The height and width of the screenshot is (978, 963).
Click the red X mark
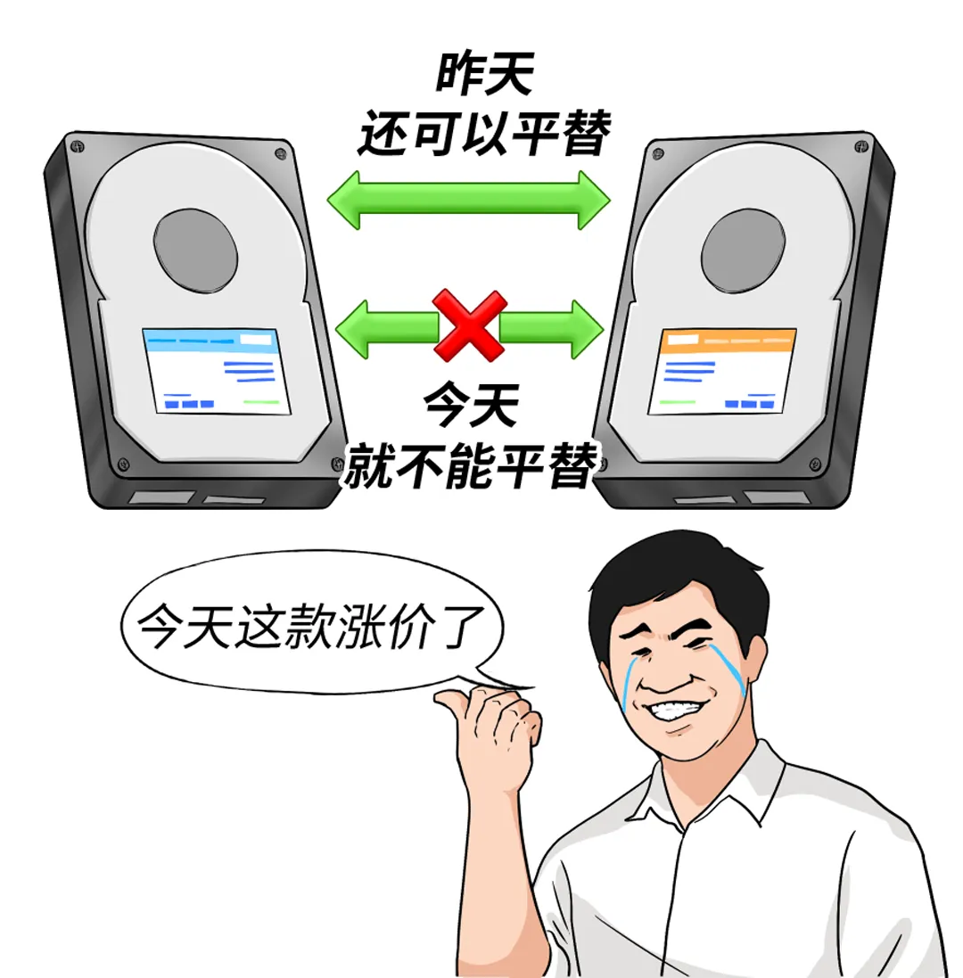[469, 325]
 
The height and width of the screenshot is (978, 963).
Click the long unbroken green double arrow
[468, 201]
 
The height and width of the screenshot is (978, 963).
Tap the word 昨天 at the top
[484, 74]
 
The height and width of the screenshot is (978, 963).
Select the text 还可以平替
[484, 133]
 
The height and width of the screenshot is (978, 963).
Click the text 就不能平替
[471, 465]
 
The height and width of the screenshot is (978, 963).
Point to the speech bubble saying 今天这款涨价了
[312, 624]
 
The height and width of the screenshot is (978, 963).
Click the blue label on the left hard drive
[217, 371]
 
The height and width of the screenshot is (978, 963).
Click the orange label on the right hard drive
[722, 372]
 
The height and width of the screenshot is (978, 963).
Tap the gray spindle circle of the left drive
[195, 251]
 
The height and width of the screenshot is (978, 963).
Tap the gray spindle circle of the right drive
[743, 251]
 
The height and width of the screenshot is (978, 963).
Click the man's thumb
[458, 705]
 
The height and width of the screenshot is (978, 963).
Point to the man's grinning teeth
[673, 710]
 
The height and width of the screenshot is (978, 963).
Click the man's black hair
[673, 574]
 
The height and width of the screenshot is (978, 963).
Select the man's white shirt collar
[704, 786]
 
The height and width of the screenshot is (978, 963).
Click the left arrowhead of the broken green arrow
[352, 329]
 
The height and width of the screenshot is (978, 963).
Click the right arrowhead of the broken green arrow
[587, 329]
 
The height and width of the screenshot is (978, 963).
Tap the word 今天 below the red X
[471, 406]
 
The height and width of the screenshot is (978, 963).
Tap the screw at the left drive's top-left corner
[78, 147]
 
